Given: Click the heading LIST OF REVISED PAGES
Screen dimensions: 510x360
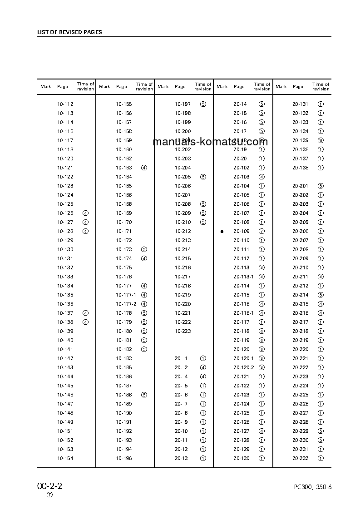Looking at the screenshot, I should (x=69, y=32).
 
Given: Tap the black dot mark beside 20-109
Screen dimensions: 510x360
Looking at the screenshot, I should (x=222, y=231).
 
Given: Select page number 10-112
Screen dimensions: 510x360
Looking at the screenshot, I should (x=65, y=104).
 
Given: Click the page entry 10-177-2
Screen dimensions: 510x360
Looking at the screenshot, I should (x=126, y=304).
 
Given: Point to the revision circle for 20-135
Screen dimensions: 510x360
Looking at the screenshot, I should (x=321, y=140).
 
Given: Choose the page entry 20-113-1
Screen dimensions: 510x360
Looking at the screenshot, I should (x=243, y=277).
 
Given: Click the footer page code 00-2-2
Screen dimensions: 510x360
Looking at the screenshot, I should (x=49, y=486).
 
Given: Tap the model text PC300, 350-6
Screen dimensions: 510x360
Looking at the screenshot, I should (x=313, y=487).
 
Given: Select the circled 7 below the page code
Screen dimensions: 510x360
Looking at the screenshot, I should (x=50, y=495).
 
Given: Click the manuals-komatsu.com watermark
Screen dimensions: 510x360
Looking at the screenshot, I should (x=210, y=142).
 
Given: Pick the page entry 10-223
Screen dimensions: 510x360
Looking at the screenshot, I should (x=183, y=331).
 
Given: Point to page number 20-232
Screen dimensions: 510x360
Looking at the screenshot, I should (x=300, y=458).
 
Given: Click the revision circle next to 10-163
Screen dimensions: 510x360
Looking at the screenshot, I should (x=144, y=168).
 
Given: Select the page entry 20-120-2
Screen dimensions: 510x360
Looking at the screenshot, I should (x=243, y=367).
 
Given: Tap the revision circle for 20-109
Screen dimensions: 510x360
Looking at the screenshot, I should (x=261, y=231).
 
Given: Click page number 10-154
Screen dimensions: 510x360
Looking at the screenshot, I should (x=65, y=458).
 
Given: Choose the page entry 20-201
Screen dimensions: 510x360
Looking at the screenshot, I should (x=300, y=186).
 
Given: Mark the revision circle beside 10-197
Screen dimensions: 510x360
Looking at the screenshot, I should (x=203, y=104).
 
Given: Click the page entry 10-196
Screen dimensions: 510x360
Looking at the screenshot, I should (x=124, y=458).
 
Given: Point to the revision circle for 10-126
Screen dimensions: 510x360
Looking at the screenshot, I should (x=85, y=213).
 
